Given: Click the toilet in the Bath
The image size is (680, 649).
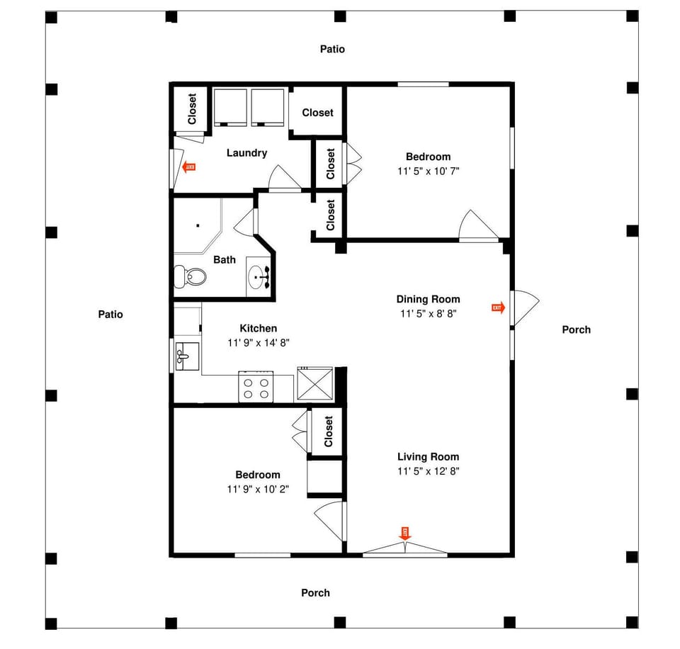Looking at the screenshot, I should click(190, 275).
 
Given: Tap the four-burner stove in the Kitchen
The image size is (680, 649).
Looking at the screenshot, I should click(256, 387).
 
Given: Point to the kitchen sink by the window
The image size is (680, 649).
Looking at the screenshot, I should click(186, 354).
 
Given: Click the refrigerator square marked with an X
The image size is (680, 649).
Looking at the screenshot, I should click(313, 385).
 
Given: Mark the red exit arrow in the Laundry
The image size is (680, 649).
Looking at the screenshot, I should click(189, 167).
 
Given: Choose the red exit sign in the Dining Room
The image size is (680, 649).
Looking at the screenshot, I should click(498, 307).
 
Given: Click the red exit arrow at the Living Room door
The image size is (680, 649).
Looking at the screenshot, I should click(405, 533).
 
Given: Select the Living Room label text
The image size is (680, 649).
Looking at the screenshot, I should click(428, 457).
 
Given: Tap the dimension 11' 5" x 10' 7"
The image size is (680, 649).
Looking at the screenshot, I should click(428, 171).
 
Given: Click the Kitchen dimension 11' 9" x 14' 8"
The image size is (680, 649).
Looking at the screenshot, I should click(258, 342).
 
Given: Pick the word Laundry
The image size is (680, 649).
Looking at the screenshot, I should click(246, 152).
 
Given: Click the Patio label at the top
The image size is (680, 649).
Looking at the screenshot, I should click(332, 50).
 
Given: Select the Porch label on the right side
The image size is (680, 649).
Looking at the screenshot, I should click(576, 329).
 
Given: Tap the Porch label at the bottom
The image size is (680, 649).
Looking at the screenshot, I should click(315, 592).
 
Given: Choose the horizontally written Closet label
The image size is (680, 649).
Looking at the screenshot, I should click(317, 112).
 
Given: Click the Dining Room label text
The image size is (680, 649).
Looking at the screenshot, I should click(428, 299).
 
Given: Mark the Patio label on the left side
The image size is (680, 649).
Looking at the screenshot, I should click(110, 314).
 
